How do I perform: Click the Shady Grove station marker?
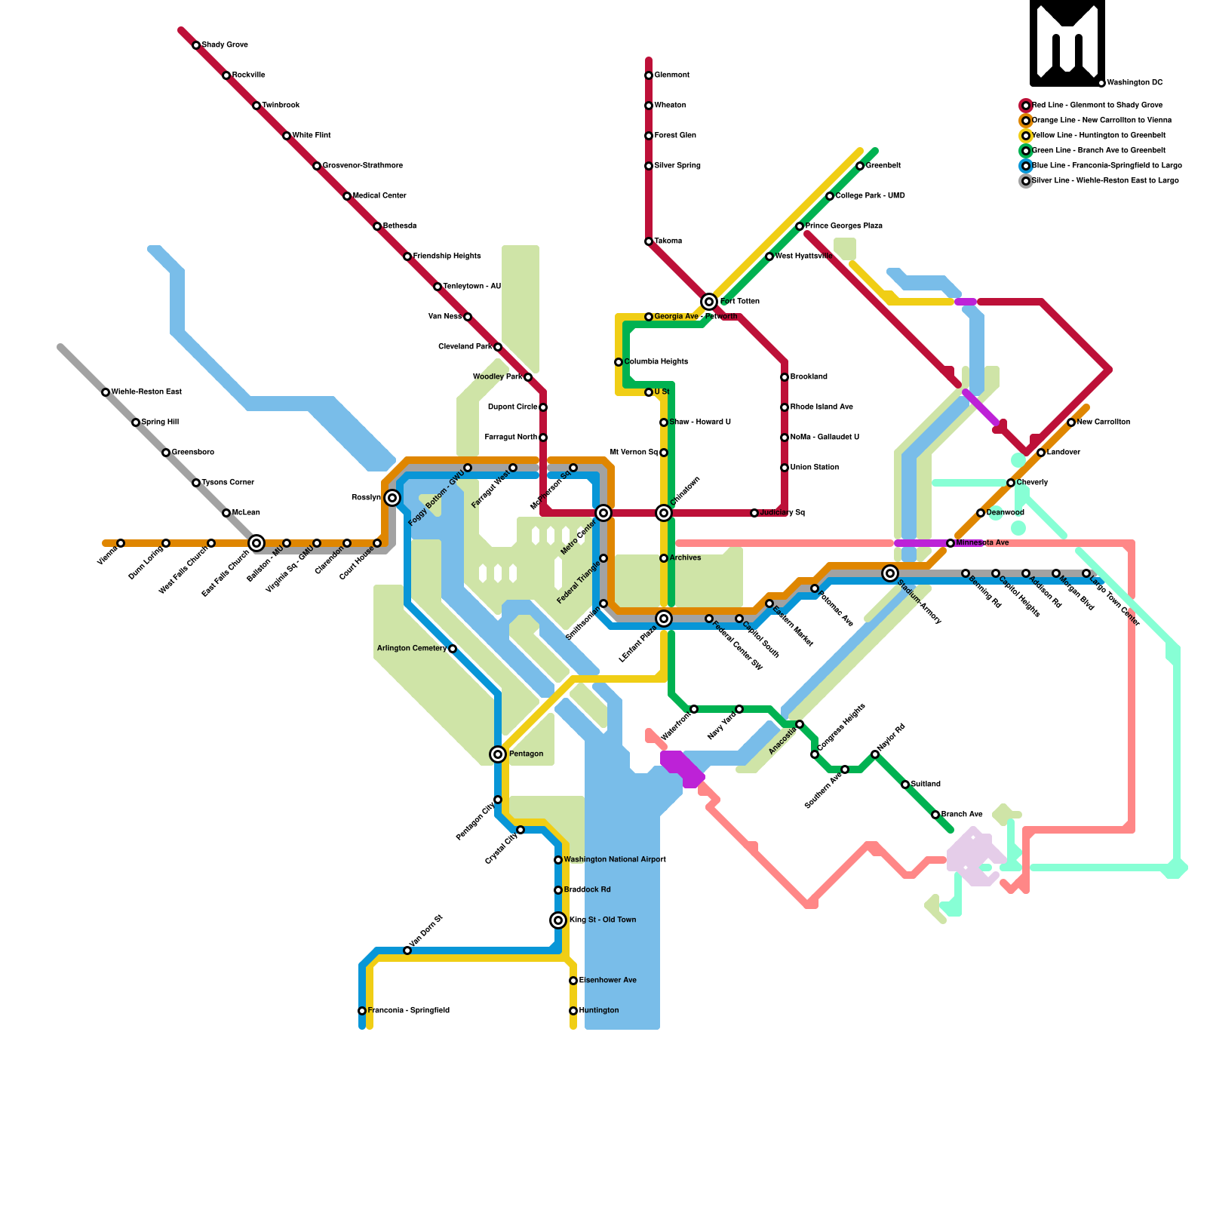196,45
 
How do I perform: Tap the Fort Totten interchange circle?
709,302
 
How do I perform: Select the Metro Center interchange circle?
603,513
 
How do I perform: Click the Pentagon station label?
526,754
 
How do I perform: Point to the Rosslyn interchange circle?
392,498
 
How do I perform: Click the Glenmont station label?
671,75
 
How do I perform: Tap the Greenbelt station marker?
860,166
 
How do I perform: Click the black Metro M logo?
1067,43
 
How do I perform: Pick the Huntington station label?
599,1011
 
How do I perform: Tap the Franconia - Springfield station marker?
362,1011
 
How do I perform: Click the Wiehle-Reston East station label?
146,392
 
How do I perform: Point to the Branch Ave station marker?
935,815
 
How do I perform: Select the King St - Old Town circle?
558,920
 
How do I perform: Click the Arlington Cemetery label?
411,649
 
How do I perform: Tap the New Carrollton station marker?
1071,422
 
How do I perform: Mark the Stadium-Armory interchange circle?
890,573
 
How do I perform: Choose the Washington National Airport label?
615,860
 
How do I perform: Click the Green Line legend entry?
1098,151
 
